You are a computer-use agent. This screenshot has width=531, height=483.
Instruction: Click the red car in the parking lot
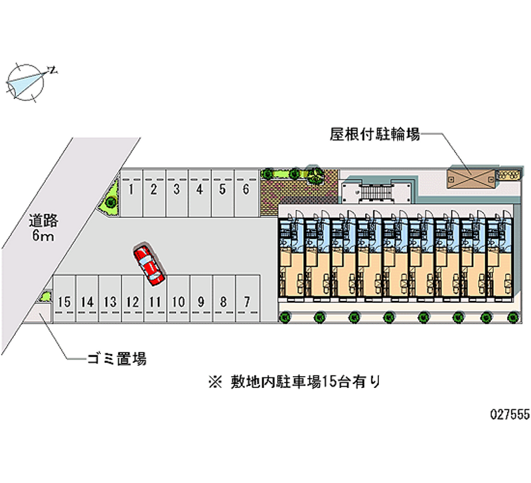(149, 264)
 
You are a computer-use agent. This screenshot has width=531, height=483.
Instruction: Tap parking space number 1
(132, 193)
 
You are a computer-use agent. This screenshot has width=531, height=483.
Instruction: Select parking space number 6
(246, 193)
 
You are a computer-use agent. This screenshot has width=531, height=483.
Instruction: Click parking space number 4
(199, 193)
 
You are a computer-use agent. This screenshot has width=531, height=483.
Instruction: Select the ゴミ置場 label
(116, 359)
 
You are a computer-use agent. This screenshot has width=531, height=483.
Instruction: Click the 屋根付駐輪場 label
(375, 135)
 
